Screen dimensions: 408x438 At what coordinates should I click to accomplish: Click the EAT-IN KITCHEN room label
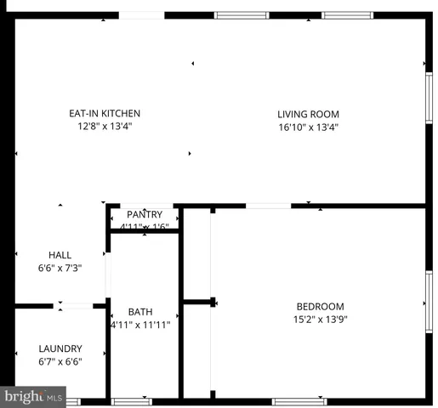point(105,113)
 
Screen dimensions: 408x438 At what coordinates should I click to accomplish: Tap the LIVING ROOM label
point(308,114)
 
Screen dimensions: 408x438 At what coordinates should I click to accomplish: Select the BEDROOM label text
point(320,307)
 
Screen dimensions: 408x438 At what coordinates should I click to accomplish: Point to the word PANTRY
point(144,214)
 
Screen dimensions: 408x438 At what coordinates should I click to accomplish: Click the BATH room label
point(140,312)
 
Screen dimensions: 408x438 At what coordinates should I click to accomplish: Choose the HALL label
point(60,255)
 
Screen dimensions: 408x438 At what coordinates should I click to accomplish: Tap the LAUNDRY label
point(60,348)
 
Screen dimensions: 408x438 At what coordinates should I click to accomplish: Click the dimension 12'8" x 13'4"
point(105,127)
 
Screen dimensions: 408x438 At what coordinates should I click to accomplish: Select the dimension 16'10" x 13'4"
point(308,127)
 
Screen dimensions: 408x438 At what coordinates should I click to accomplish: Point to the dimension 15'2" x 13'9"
point(320,320)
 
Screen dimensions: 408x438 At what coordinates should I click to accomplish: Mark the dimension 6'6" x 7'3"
point(60,269)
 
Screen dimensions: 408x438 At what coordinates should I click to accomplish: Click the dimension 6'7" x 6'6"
point(60,362)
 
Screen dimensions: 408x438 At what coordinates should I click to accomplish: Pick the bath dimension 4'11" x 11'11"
point(140,325)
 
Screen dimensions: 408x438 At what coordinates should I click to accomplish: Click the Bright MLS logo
point(34,396)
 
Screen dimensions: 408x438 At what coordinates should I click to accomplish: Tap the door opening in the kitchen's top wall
point(141,14)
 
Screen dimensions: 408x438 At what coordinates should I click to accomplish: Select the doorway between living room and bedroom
point(269,205)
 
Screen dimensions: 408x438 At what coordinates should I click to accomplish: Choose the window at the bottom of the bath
point(132,401)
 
